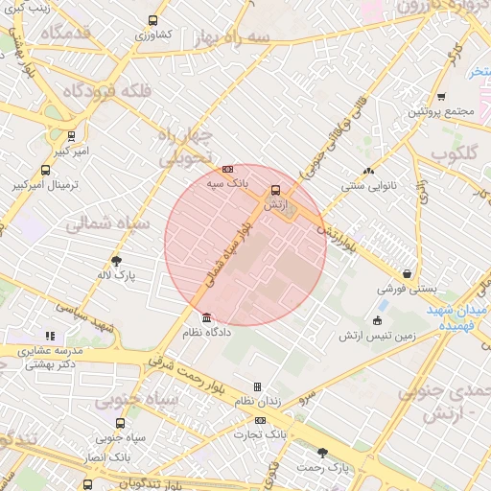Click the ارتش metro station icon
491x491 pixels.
pyautogui.click(x=275, y=190)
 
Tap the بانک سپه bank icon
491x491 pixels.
pyautogui.click(x=227, y=168)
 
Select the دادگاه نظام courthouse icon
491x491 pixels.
pyautogui.click(x=206, y=318)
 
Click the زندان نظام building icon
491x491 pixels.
pyautogui.click(x=257, y=387)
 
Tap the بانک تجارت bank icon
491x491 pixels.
pyautogui.click(x=261, y=420)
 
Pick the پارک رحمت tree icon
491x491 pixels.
pyautogui.click(x=322, y=453)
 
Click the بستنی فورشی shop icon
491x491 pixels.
pyautogui.click(x=408, y=273)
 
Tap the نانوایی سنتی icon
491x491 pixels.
pyautogui.click(x=368, y=172)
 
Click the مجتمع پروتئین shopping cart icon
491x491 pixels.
pyautogui.click(x=440, y=97)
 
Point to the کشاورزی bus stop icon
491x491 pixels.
pyautogui.click(x=152, y=20)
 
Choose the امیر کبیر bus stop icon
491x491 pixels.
pyautogui.click(x=71, y=136)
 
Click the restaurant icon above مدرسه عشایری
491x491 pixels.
pyautogui.click(x=50, y=337)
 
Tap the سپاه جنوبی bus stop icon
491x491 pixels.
pyautogui.click(x=120, y=423)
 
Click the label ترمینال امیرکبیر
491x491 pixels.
pyautogui.click(x=45, y=184)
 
